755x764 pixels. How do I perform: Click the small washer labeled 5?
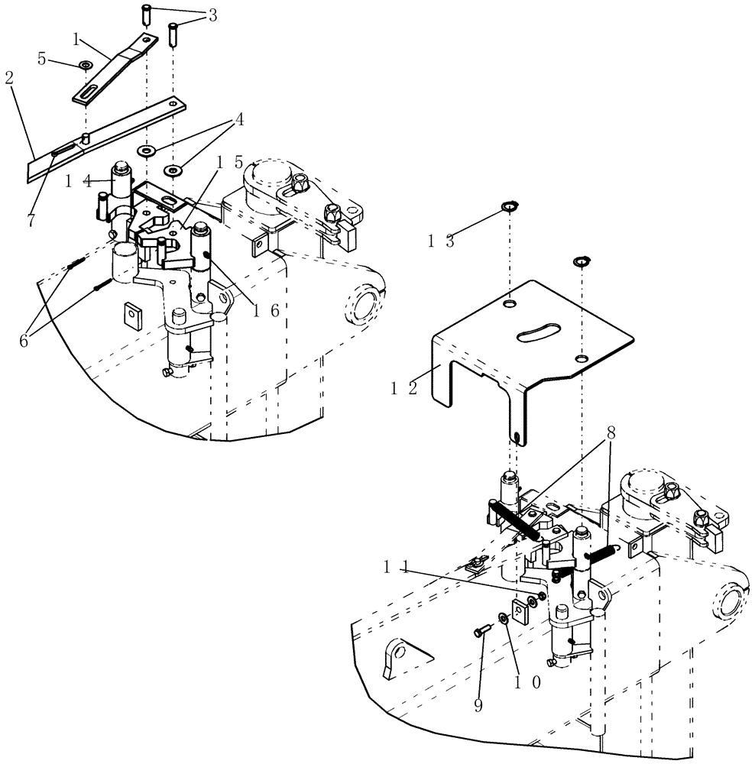[82, 66]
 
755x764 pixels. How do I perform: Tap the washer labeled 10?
[503, 618]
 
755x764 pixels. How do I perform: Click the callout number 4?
[239, 120]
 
